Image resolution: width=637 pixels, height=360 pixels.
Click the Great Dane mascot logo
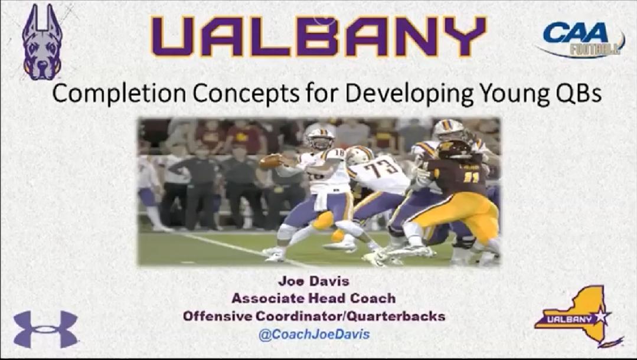[43, 43]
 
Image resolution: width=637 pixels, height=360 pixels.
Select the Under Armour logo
[45, 329]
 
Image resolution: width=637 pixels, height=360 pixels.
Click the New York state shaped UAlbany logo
[579, 316]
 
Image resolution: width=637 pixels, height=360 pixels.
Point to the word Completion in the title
[119, 94]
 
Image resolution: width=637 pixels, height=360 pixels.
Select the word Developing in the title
[409, 94]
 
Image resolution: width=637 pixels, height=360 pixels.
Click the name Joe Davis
[313, 281]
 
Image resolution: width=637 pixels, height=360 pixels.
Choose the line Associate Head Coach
[313, 298]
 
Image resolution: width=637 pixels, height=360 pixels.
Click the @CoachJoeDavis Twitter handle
[314, 334]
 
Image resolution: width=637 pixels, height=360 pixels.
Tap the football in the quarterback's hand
[269, 162]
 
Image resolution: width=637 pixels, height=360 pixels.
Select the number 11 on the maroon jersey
[471, 176]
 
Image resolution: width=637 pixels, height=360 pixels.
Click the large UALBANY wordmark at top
[319, 36]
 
